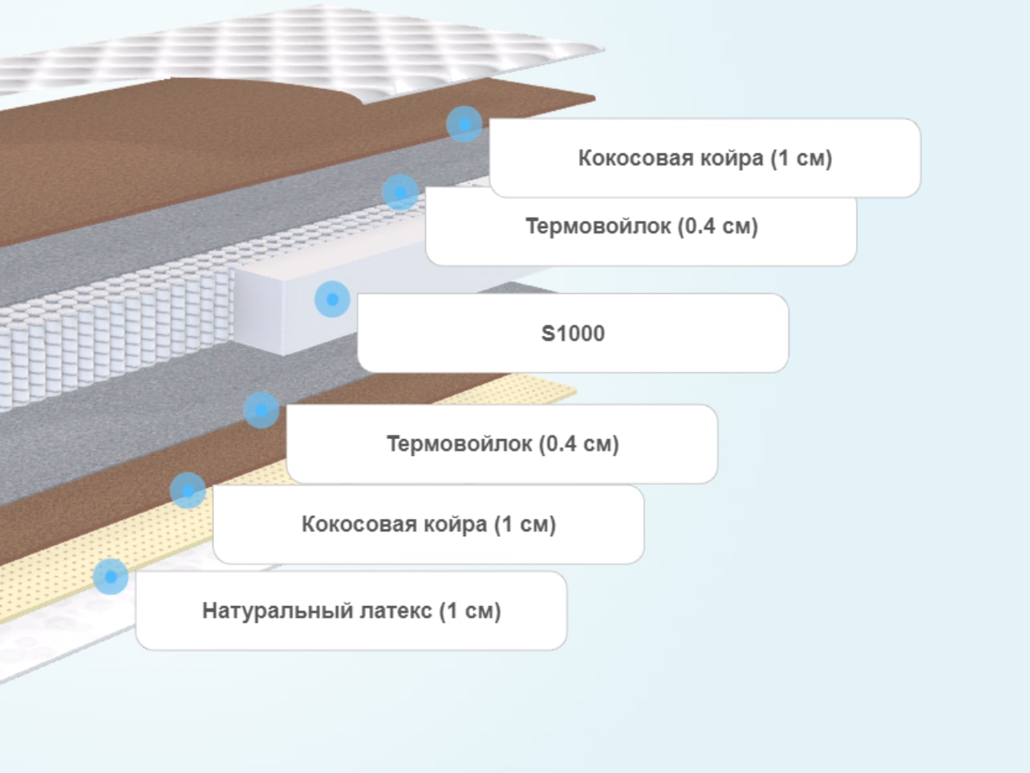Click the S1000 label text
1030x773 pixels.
tap(573, 334)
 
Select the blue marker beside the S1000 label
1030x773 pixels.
tap(332, 299)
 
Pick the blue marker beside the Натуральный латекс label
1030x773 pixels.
tap(111, 577)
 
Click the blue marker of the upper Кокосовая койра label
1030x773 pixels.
tap(464, 124)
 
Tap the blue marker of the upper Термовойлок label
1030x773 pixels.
tap(400, 193)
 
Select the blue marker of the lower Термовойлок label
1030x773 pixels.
tap(262, 410)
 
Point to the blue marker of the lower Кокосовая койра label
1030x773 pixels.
tap(188, 490)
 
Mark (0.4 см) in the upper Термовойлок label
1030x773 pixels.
tap(718, 226)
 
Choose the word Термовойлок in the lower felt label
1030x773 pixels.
tap(459, 444)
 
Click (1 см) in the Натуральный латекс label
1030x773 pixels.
tap(470, 611)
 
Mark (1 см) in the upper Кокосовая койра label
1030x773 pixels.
tap(801, 158)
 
